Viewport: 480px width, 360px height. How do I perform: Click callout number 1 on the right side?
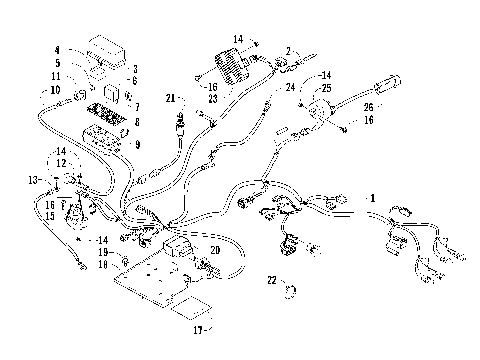click(375, 198)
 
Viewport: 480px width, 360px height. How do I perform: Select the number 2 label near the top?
click(289, 50)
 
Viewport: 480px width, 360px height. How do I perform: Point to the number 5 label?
click(57, 63)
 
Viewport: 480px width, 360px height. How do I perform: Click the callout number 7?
click(137, 106)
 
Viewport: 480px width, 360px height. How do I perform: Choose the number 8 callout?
click(137, 121)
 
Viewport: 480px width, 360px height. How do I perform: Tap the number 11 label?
click(57, 76)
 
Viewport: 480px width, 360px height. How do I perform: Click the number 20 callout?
click(214, 250)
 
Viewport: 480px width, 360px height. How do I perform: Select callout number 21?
click(171, 97)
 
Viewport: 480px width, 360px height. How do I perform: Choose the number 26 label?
click(367, 107)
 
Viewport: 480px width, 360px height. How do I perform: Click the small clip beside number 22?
click(291, 291)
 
